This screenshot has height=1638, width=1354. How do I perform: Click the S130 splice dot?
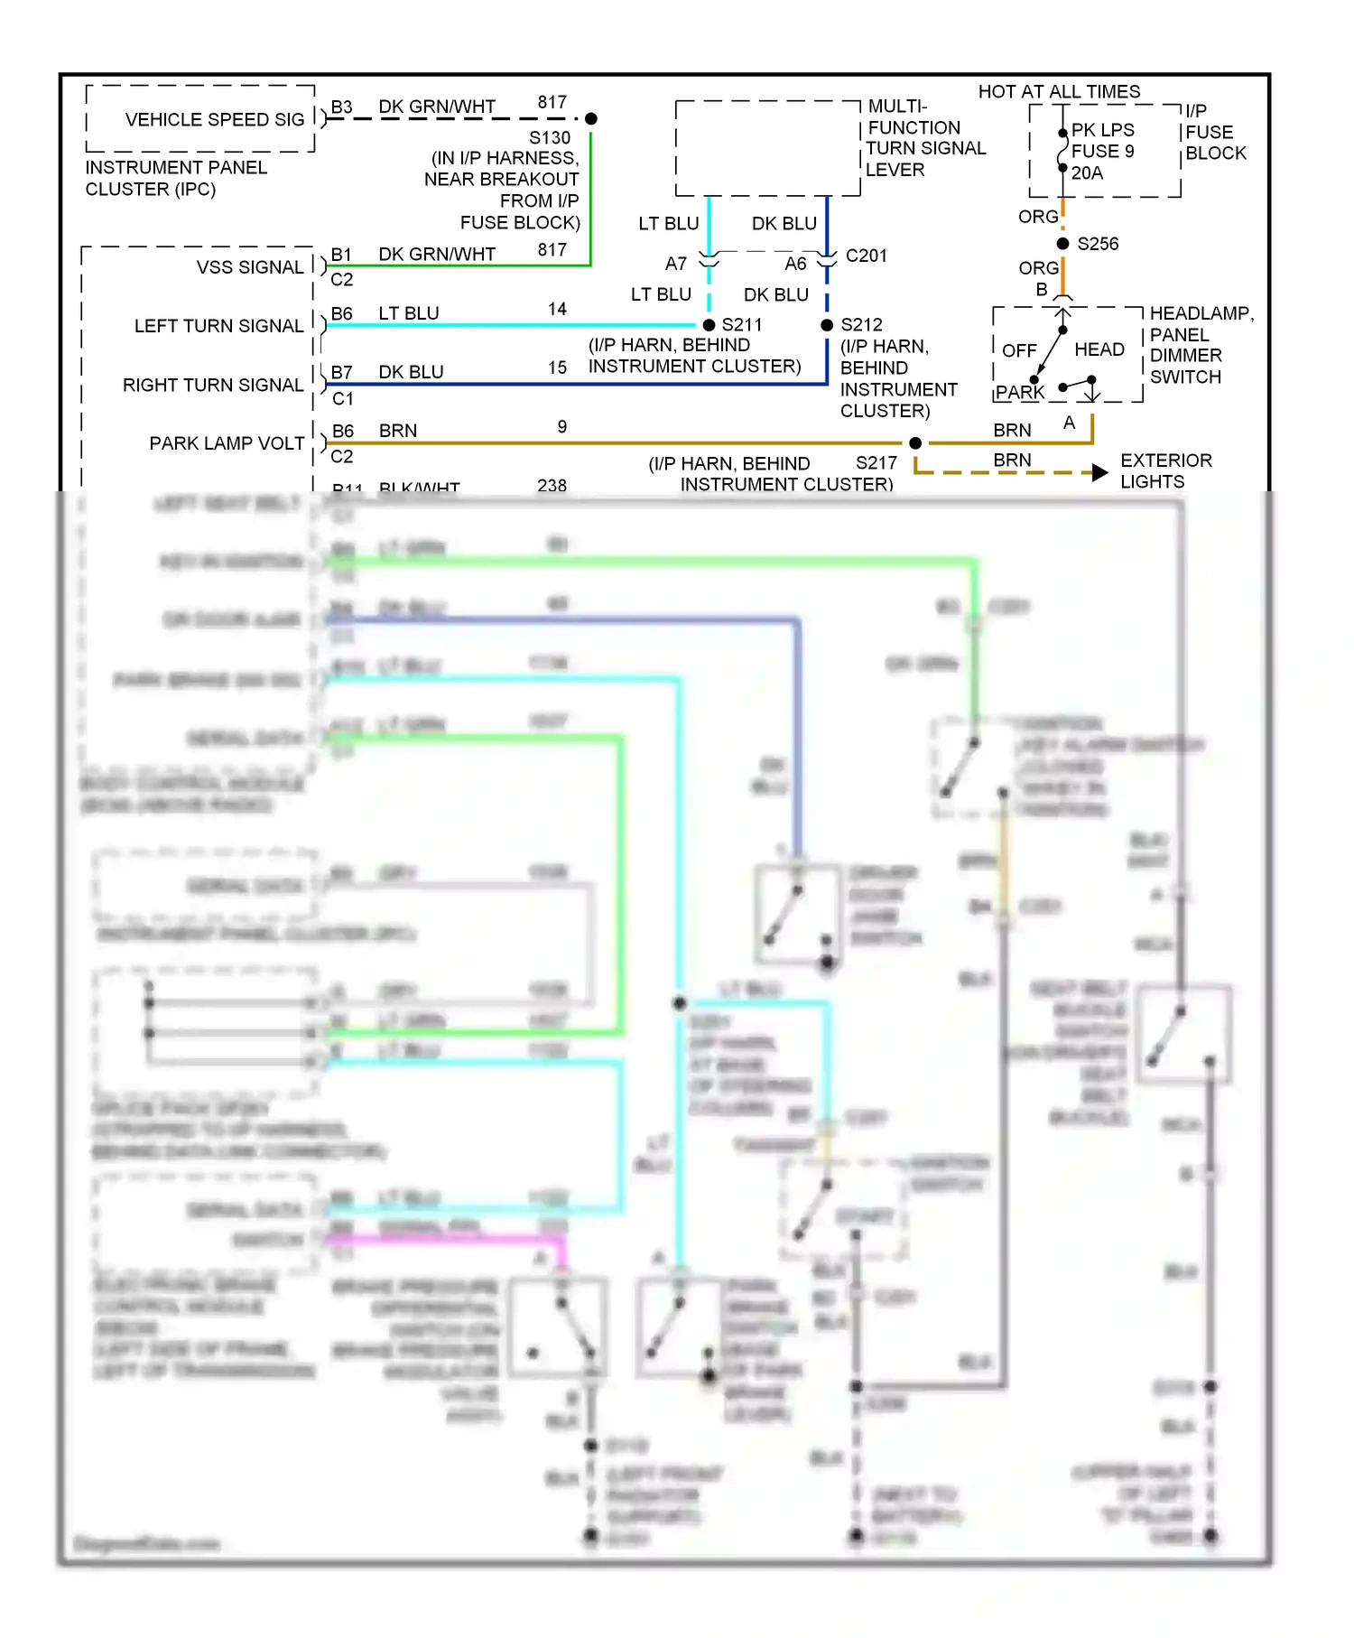(x=591, y=118)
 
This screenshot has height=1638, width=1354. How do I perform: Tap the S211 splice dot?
(x=709, y=325)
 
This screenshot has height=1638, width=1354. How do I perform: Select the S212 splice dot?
(x=827, y=325)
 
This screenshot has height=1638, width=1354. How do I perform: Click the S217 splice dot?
(x=915, y=443)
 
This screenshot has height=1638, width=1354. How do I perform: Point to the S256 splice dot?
(x=1063, y=244)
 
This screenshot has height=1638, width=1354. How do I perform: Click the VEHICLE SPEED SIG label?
(x=215, y=119)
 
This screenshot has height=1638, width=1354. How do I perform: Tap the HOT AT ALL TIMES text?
(x=1059, y=91)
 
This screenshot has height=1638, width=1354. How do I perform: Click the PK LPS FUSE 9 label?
(x=1102, y=141)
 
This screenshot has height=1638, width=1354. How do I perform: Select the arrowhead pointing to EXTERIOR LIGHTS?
(x=1099, y=472)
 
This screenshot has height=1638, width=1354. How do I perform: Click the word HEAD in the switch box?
(x=1099, y=349)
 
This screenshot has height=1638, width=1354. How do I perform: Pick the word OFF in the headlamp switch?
(x=1019, y=350)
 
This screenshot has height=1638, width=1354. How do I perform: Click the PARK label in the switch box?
(x=1020, y=393)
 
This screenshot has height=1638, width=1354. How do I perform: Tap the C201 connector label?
(x=867, y=256)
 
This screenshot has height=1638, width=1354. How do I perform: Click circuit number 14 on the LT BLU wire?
(x=557, y=309)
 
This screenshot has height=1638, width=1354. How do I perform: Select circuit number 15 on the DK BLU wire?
(x=557, y=368)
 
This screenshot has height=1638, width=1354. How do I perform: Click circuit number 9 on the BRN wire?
(x=561, y=426)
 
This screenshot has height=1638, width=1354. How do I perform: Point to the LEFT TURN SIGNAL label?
(x=218, y=326)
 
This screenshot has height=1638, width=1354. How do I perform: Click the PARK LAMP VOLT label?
(x=227, y=443)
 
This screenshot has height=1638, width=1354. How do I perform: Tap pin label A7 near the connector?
(x=676, y=264)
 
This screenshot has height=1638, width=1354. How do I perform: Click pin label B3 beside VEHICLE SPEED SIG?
(x=341, y=107)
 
